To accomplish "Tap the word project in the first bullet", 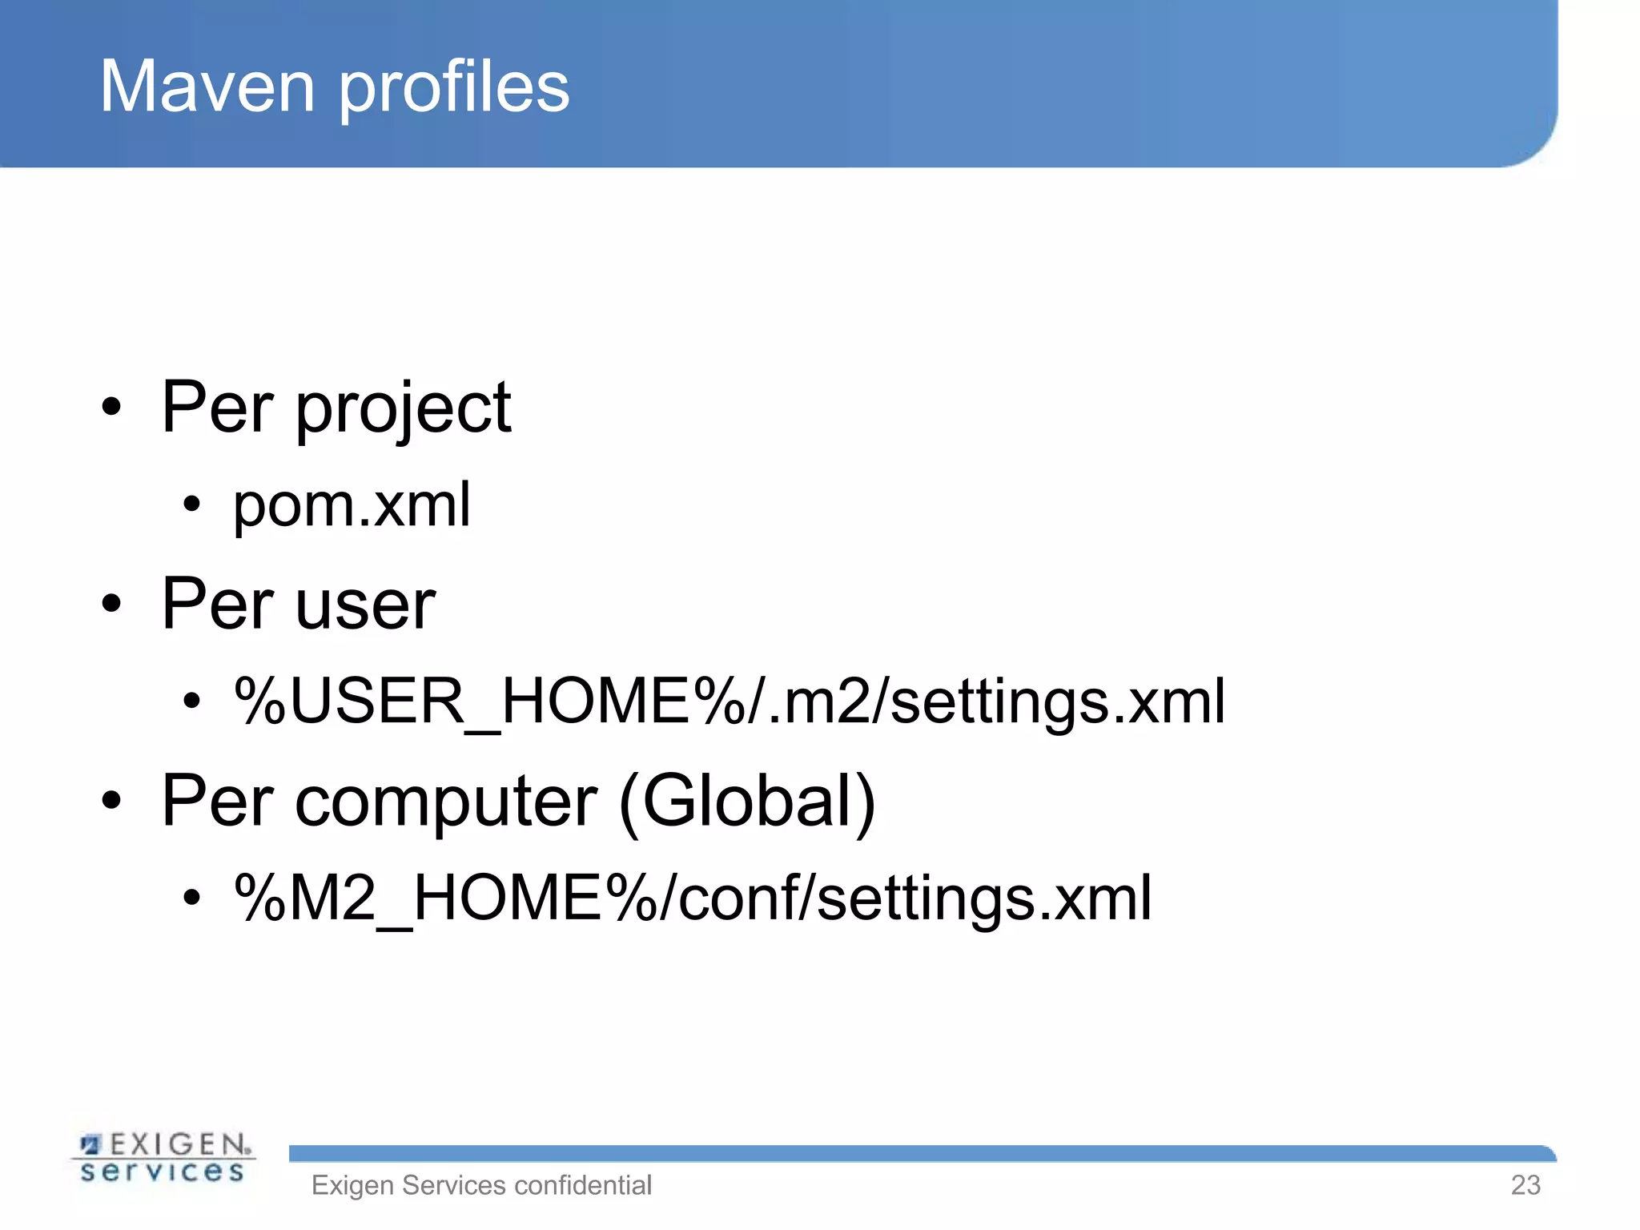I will coord(404,408).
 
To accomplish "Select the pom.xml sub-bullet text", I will coord(352,505).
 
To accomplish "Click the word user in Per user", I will coord(365,605).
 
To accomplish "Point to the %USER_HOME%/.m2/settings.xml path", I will coord(729,701).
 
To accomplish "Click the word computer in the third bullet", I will coord(445,801).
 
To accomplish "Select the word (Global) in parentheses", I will coord(747,801).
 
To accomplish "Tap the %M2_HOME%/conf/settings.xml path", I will coord(693,898).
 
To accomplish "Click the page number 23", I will coord(1525,1185).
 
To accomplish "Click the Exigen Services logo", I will coord(163,1158).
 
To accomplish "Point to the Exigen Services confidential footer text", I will coord(481,1185).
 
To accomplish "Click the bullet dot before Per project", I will coord(111,407).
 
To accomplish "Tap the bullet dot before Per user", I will coord(111,604).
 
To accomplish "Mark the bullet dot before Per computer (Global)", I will coord(111,800).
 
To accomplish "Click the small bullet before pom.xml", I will coord(191,504).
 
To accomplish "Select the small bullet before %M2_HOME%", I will coord(191,898).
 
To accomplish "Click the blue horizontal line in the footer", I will coord(921,1154).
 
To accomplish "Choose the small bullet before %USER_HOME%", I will coord(191,701).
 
